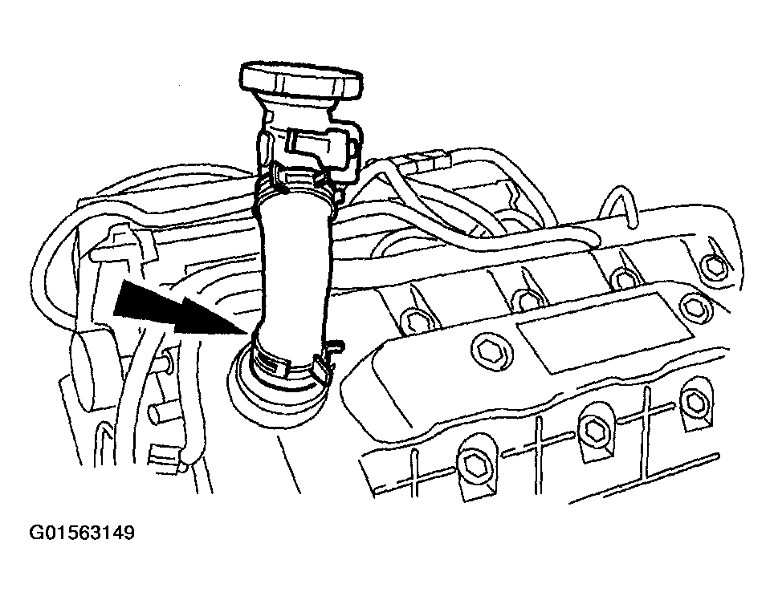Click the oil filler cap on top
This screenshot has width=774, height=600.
301,79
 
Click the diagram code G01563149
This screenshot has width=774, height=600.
82,533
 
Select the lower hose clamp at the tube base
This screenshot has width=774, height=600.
289,365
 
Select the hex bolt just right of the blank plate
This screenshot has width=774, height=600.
695,306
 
